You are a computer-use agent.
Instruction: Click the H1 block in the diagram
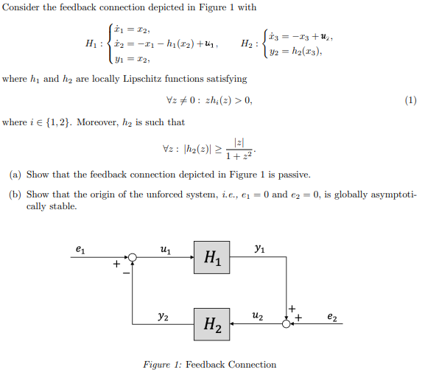coord(212,257)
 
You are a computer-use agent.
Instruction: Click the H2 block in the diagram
coord(212,323)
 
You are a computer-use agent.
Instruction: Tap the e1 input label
coord(80,250)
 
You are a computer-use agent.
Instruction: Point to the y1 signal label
coord(259,249)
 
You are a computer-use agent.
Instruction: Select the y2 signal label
coord(163,317)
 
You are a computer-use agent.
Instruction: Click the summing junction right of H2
coord(287,323)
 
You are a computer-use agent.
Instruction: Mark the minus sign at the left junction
coord(126,273)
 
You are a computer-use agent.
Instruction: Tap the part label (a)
coord(15,175)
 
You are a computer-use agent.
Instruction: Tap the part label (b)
coord(15,194)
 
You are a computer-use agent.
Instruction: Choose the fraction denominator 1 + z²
coord(239,156)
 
